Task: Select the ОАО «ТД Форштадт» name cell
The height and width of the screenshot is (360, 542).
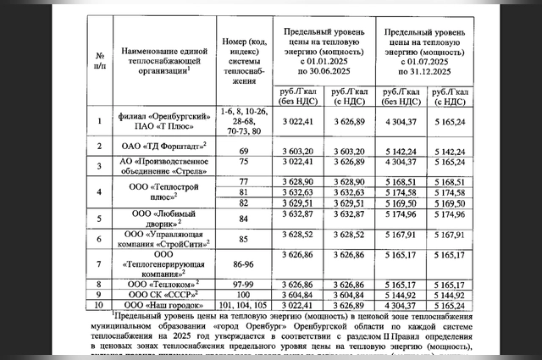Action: click(161, 147)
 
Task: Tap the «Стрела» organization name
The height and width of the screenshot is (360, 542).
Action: click(160, 164)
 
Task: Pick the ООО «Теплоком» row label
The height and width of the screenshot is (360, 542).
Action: click(159, 284)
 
